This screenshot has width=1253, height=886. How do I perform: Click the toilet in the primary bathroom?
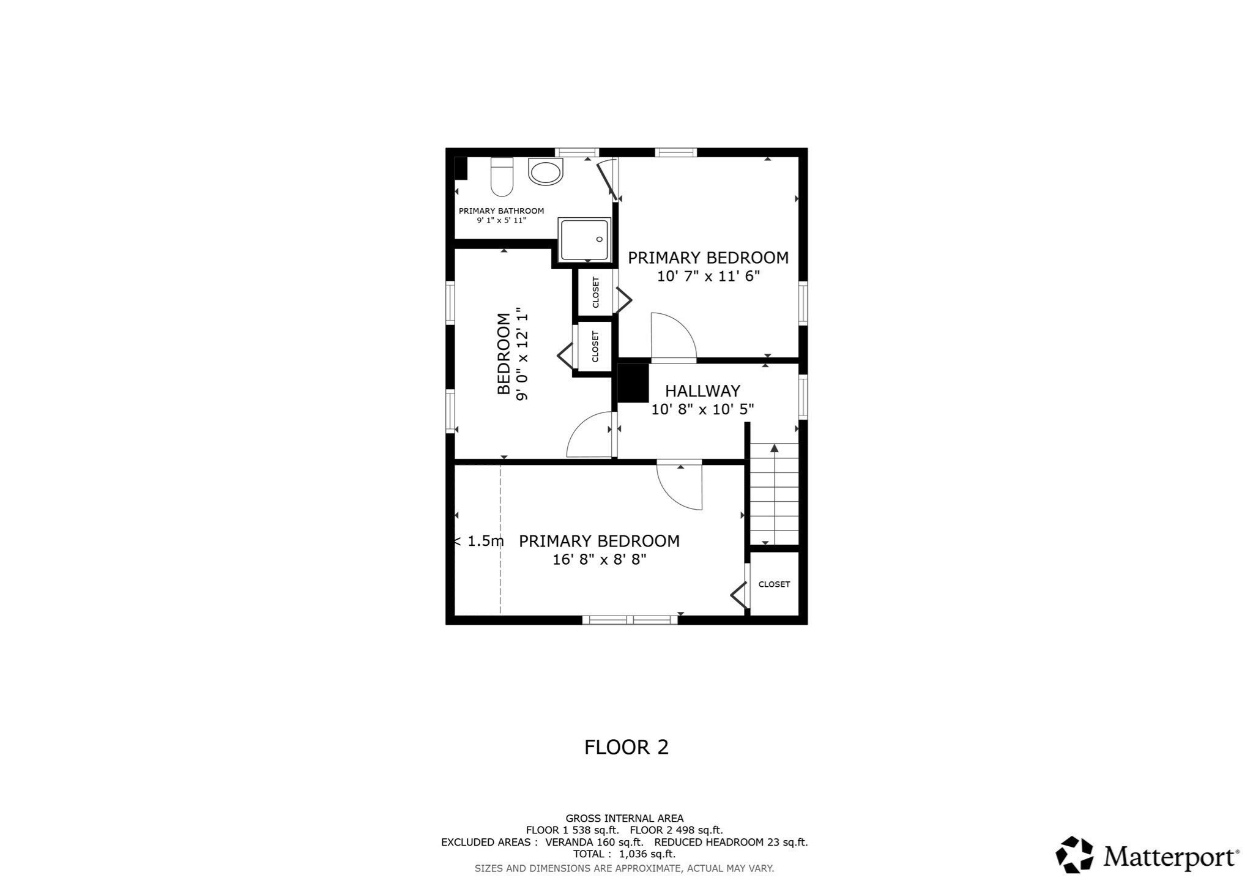(x=502, y=177)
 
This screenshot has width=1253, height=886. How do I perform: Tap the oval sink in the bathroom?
(x=545, y=172)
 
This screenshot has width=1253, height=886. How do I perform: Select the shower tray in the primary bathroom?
(x=584, y=240)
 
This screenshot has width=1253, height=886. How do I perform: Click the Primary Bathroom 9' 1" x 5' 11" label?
(x=501, y=215)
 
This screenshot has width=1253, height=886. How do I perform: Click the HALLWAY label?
(x=702, y=391)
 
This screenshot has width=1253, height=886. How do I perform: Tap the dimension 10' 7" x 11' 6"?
(x=708, y=277)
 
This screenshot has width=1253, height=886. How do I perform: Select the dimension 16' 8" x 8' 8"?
(x=599, y=560)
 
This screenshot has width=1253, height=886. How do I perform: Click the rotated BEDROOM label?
(x=504, y=354)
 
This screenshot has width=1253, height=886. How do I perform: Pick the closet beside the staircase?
(x=774, y=584)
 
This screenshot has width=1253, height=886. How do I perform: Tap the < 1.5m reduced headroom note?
(x=479, y=542)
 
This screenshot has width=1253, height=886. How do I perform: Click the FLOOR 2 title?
(x=626, y=747)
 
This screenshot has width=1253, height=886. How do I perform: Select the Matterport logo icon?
(x=1074, y=854)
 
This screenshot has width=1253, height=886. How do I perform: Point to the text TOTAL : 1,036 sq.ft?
(x=624, y=854)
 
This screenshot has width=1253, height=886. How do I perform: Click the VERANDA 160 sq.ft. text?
(x=593, y=842)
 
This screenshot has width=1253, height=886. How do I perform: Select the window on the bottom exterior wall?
(x=630, y=620)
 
